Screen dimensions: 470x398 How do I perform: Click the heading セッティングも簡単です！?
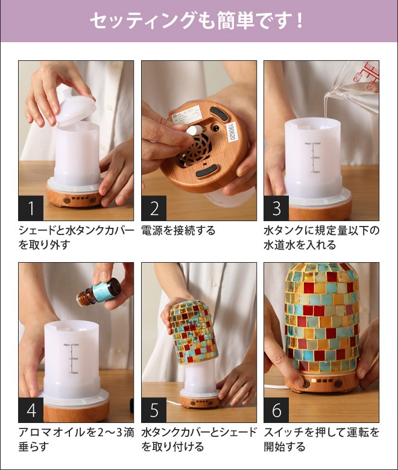coord(198,21)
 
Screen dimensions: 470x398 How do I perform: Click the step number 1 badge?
coord(31,208)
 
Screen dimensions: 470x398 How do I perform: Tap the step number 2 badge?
coord(154,208)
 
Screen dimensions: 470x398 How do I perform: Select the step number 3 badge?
coord(277,208)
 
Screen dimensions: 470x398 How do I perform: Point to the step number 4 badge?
coord(31,410)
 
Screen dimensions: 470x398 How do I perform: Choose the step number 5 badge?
coord(154,410)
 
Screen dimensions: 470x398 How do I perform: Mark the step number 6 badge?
coord(277,410)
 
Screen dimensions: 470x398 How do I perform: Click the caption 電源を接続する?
coord(178,231)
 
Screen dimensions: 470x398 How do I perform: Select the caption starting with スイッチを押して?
coord(321,439)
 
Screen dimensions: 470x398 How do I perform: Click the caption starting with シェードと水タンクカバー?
coord(76,237)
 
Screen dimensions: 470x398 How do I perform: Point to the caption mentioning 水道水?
coord(321,237)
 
